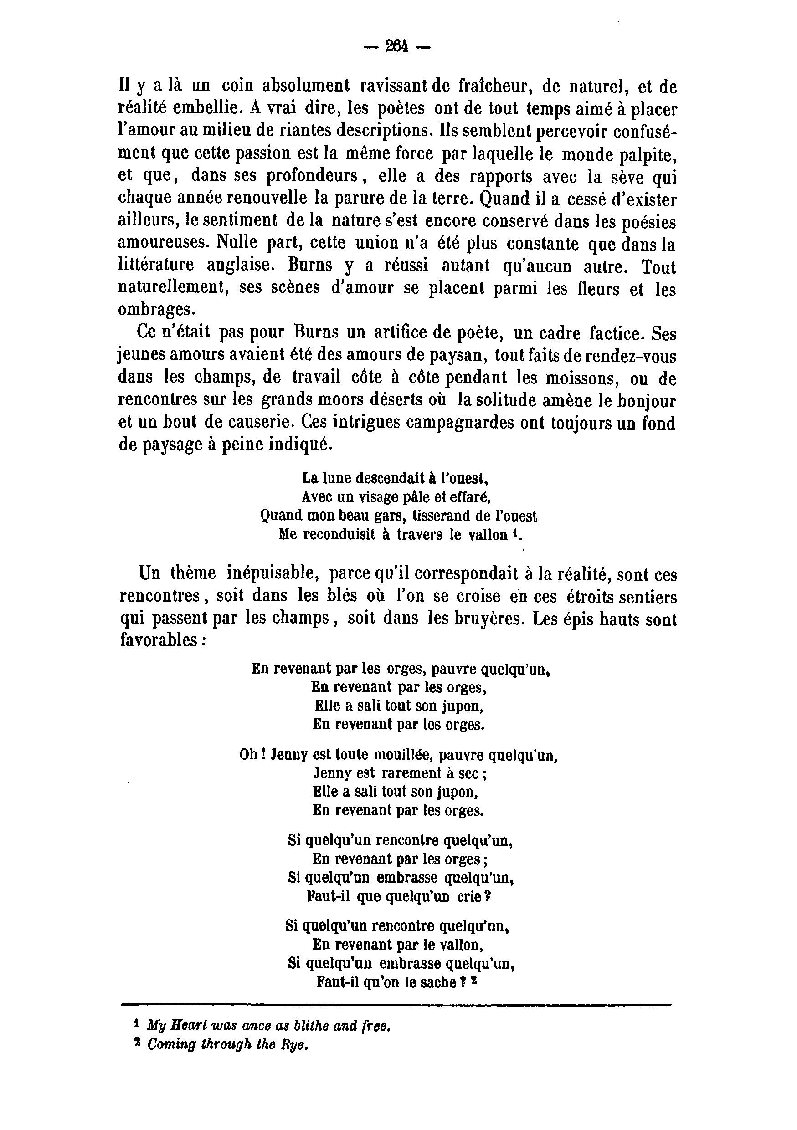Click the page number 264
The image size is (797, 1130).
point(397,47)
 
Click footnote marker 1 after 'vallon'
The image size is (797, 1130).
point(514,532)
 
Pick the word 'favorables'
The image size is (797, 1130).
point(157,640)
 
